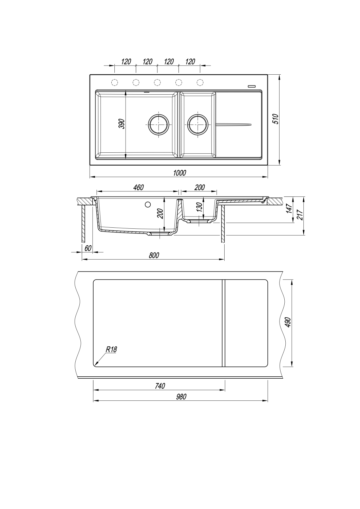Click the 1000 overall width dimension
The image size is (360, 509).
pos(179,173)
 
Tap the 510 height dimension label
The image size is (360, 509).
pos(276,119)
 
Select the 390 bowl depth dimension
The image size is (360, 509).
pos(122,124)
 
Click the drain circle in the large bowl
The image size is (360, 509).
pos(159,124)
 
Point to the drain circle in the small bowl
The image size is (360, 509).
pos(197,124)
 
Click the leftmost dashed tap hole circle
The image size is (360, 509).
pos(115,82)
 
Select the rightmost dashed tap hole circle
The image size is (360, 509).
pos(200,82)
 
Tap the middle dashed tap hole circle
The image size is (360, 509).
pos(157,82)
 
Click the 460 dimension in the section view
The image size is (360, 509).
pos(138,187)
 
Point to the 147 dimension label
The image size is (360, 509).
pos(289,208)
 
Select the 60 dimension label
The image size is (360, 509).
pos(88,248)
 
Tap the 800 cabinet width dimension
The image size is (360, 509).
pos(154,256)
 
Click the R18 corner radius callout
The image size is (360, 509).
pos(111,350)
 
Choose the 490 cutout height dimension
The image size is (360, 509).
pos(288,322)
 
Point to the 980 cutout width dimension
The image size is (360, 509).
pos(181,397)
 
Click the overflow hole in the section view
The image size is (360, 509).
pos(148,205)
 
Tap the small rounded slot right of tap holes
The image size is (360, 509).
pos(251,86)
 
